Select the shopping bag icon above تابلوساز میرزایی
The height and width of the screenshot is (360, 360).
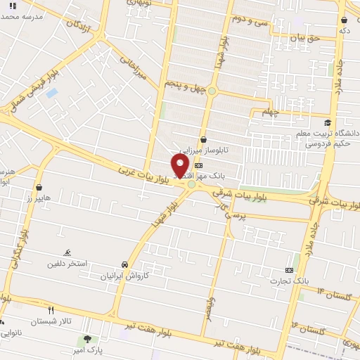[203, 139]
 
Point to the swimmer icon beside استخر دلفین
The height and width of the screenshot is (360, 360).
[67, 253]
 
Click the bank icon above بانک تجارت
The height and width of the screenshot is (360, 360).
[289, 270]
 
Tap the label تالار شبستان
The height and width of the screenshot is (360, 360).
[70, 321]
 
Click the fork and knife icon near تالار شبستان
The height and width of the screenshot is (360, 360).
[51, 310]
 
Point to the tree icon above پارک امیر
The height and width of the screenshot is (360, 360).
[87, 339]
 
